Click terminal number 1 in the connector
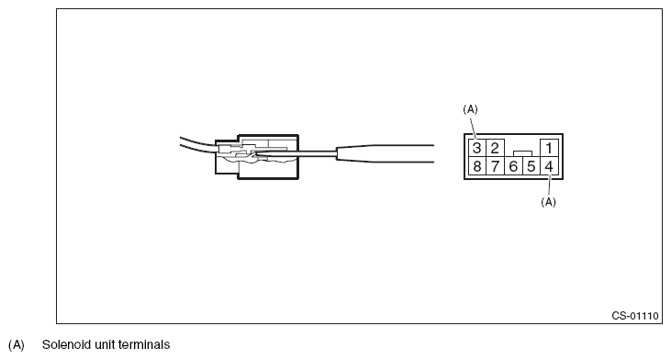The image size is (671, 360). click(549, 148)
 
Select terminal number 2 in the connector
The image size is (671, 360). click(495, 148)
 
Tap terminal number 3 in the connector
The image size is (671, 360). click(476, 148)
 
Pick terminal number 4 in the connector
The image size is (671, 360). click(549, 166)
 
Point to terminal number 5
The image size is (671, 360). click(531, 166)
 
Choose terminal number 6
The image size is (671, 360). click(513, 166)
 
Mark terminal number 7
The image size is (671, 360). click(495, 166)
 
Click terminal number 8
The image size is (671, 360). click(476, 166)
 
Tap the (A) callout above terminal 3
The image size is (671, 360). click(470, 109)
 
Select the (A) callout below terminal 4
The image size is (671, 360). click(549, 202)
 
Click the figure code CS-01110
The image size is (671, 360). click(635, 316)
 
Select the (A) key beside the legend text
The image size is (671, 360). click(17, 345)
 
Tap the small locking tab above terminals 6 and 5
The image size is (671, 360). click(522, 153)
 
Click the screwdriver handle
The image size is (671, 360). click(386, 153)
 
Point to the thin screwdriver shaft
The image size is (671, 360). click(296, 152)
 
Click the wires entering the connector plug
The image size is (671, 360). click(197, 144)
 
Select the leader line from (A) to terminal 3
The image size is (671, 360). click(474, 127)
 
